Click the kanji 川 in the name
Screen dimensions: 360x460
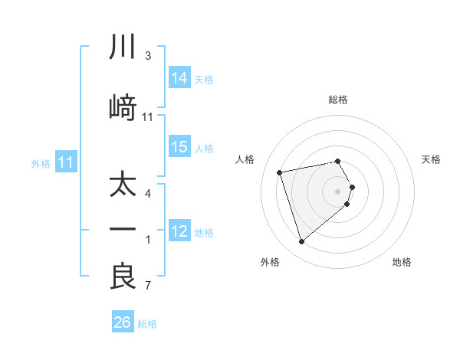[x=123, y=47]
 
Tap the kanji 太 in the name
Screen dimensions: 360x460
[x=123, y=185]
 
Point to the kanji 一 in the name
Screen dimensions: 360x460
[x=123, y=230]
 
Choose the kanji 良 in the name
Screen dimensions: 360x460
[x=123, y=277]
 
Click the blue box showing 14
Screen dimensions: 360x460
[x=179, y=78]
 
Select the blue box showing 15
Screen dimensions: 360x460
[x=179, y=147]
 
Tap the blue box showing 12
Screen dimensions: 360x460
[x=179, y=231]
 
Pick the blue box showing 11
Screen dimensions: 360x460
[x=66, y=162]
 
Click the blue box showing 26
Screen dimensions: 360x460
[x=123, y=322]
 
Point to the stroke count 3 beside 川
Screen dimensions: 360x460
[x=147, y=56]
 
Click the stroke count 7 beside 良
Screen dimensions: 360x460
[x=147, y=286]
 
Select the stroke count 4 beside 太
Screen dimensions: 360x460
[x=147, y=194]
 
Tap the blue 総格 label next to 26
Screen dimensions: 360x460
[x=147, y=324]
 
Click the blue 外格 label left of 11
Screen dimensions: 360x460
[x=41, y=163]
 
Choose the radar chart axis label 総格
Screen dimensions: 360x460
[x=338, y=100]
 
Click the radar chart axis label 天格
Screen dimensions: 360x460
[x=432, y=159]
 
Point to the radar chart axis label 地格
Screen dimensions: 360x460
[x=402, y=262]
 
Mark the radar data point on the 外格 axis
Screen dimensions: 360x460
[x=301, y=242]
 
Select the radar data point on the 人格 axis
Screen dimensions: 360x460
[x=280, y=172]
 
